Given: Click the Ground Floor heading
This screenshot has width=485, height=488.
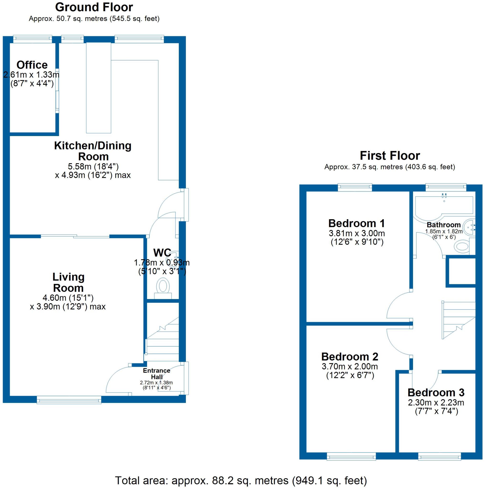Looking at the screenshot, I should click(x=94, y=7).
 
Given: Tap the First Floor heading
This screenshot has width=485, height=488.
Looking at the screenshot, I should click(x=389, y=156).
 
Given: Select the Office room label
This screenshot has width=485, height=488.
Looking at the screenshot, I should click(x=32, y=65).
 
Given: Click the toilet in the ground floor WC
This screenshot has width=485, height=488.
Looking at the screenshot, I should click(x=163, y=286).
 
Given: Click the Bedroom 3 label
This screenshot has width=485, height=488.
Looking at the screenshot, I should click(x=436, y=392).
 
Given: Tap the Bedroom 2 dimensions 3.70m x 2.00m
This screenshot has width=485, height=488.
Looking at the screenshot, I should click(x=350, y=366).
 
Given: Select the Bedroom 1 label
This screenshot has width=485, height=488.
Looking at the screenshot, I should click(x=357, y=223).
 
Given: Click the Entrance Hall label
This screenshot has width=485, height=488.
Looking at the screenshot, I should click(x=157, y=374).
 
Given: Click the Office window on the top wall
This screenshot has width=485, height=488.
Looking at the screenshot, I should click(x=32, y=39).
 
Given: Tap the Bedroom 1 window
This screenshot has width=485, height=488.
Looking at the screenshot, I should click(x=355, y=187).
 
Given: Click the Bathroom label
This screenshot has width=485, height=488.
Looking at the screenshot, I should click(x=444, y=225).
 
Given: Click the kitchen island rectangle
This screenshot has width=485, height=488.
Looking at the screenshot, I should click(x=98, y=88).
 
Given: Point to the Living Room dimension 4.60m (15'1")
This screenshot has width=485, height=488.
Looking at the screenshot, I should click(x=68, y=298).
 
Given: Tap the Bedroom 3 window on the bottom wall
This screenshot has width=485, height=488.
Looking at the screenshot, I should click(x=439, y=456).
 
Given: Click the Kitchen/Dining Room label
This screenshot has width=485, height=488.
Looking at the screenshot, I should click(x=93, y=151).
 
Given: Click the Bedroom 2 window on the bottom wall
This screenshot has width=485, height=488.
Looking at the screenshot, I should click(x=351, y=456).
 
